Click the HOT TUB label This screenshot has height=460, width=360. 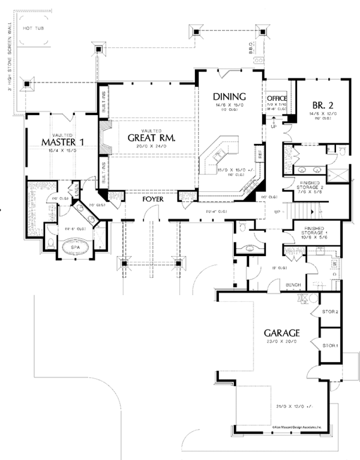coord(31,28)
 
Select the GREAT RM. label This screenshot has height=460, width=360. coord(151,137)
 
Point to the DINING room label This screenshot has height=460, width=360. coord(229,97)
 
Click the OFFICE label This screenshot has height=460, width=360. coord(277,98)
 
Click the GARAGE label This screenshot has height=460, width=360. coord(280,332)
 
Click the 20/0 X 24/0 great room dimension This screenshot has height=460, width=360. coord(149,148)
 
